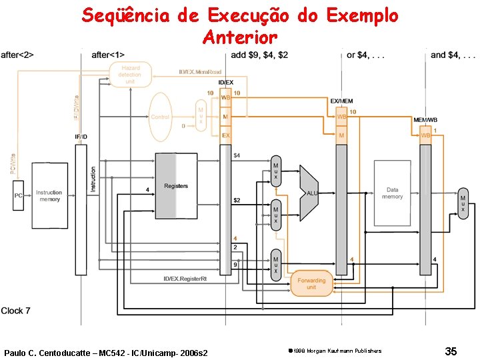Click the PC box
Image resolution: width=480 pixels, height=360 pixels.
(19, 197)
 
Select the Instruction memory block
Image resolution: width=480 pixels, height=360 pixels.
(49, 195)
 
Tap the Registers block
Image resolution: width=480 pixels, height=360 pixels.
(176, 186)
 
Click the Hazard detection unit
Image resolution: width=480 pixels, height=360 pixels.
(130, 75)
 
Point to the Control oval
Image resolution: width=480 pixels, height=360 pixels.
(161, 117)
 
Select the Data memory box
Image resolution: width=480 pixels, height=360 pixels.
(392, 193)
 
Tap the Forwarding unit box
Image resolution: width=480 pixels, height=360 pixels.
(311, 283)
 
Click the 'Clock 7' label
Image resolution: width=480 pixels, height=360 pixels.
(16, 311)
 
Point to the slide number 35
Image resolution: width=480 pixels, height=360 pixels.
(451, 351)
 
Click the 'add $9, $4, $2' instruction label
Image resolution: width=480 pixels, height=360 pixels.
(259, 55)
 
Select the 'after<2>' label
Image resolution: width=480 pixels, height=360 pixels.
(18, 55)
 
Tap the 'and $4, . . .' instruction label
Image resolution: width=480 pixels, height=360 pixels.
(453, 55)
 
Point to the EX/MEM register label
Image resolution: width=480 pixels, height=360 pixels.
(341, 101)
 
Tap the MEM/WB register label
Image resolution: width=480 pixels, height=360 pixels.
(425, 119)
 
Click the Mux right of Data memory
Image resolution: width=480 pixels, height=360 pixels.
(463, 203)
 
